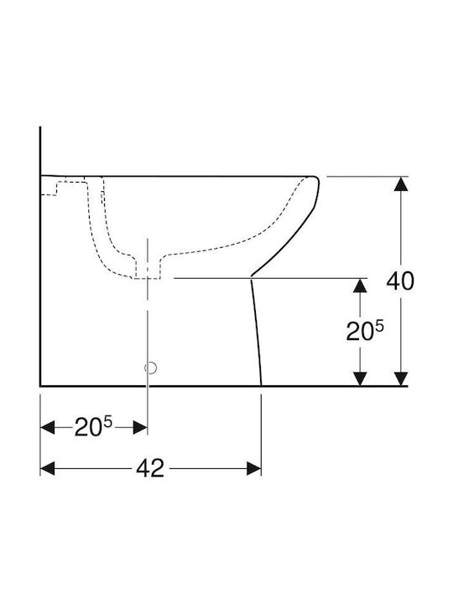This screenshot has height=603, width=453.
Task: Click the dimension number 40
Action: click(400, 281)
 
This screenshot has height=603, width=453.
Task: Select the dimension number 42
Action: click(150, 468)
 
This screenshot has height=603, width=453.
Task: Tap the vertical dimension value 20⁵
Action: click(365, 331)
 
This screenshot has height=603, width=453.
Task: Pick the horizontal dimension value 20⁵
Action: click(93, 426)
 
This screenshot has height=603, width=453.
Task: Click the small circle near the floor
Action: click(151, 368)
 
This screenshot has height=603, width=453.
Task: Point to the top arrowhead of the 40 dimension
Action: click(401, 183)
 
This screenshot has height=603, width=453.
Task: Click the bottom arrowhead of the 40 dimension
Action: click(401, 379)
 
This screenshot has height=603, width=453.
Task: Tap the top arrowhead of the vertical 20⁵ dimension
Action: click(360, 285)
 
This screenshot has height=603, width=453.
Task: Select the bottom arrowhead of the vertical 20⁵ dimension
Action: click(360, 379)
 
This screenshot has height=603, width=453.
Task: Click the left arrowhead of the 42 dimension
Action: click(47, 469)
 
